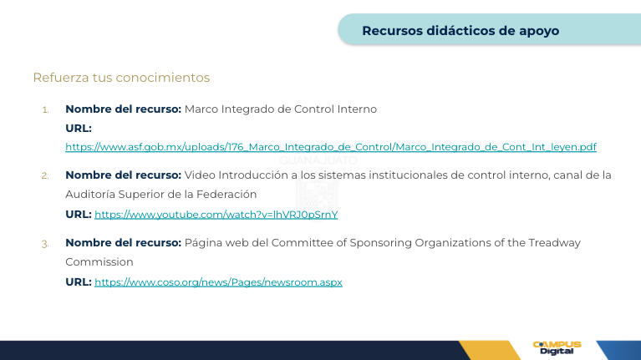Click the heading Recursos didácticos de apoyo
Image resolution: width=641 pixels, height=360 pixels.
click(460, 31)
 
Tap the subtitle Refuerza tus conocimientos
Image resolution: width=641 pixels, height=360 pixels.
click(121, 78)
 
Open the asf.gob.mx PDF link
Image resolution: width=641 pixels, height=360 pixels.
click(331, 147)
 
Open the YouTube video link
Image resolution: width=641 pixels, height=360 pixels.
click(216, 215)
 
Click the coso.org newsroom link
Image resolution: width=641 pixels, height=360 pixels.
click(218, 282)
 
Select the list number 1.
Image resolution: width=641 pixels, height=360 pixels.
click(45, 110)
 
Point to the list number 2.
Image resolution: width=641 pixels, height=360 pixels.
click(45, 175)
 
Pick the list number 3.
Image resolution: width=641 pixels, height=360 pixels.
click(45, 244)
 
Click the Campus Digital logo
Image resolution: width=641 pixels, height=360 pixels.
click(557, 347)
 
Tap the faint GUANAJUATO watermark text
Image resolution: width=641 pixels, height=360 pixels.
click(318, 160)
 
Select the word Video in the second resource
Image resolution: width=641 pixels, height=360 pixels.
click(200, 175)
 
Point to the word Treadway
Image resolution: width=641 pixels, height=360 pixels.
click(554, 243)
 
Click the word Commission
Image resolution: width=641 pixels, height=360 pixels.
click(99, 262)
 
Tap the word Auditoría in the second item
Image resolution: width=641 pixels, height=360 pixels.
click(90, 194)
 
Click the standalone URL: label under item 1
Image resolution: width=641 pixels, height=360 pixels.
click(79, 129)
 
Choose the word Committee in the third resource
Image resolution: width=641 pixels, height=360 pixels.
click(302, 243)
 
